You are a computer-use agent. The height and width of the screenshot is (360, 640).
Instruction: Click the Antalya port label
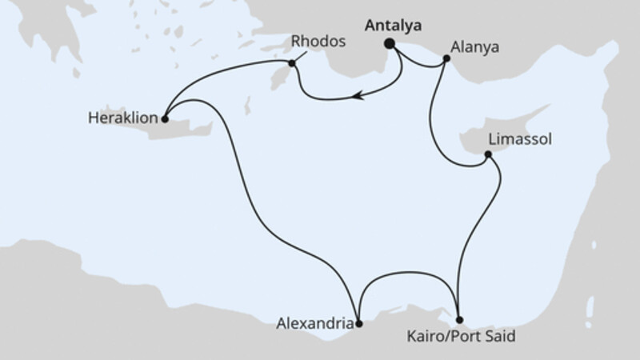pyautogui.click(x=392, y=26)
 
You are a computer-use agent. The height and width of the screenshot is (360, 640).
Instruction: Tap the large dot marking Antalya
pyautogui.click(x=391, y=45)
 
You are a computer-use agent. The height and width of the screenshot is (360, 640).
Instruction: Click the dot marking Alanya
pyautogui.click(x=445, y=57)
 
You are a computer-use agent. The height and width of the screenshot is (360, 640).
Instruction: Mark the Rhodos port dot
pyautogui.click(x=292, y=63)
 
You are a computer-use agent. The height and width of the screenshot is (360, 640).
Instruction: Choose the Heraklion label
pyautogui.click(x=121, y=118)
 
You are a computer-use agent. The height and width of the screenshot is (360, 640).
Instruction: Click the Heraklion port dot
pyautogui.click(x=164, y=120)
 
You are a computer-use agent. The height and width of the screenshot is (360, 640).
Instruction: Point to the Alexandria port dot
pyautogui.click(x=359, y=323)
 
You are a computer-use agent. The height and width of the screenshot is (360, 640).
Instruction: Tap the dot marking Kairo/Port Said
pyautogui.click(x=458, y=321)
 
